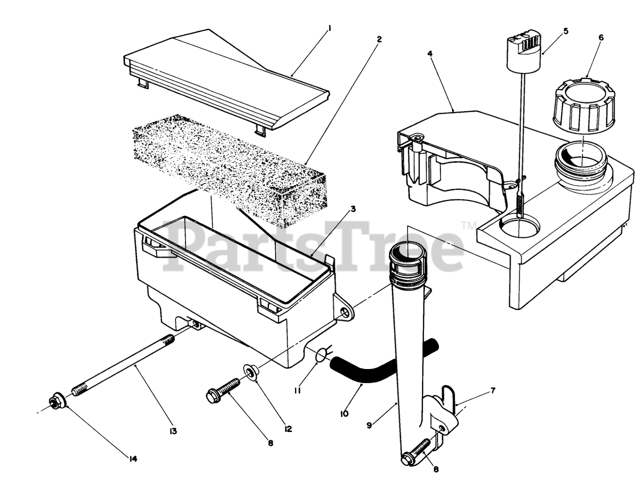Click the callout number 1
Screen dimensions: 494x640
click(x=329, y=29)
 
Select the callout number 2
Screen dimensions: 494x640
click(x=379, y=38)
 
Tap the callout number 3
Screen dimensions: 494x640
click(x=352, y=208)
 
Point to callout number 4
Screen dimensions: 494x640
click(x=430, y=53)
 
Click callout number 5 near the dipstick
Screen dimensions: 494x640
click(x=565, y=31)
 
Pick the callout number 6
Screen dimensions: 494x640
click(x=600, y=37)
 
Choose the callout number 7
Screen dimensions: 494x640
click(x=492, y=390)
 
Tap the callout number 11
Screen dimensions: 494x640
click(x=297, y=390)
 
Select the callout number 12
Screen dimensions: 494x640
click(x=288, y=428)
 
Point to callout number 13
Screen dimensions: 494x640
click(x=173, y=430)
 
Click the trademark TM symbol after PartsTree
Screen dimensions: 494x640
click(x=468, y=226)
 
